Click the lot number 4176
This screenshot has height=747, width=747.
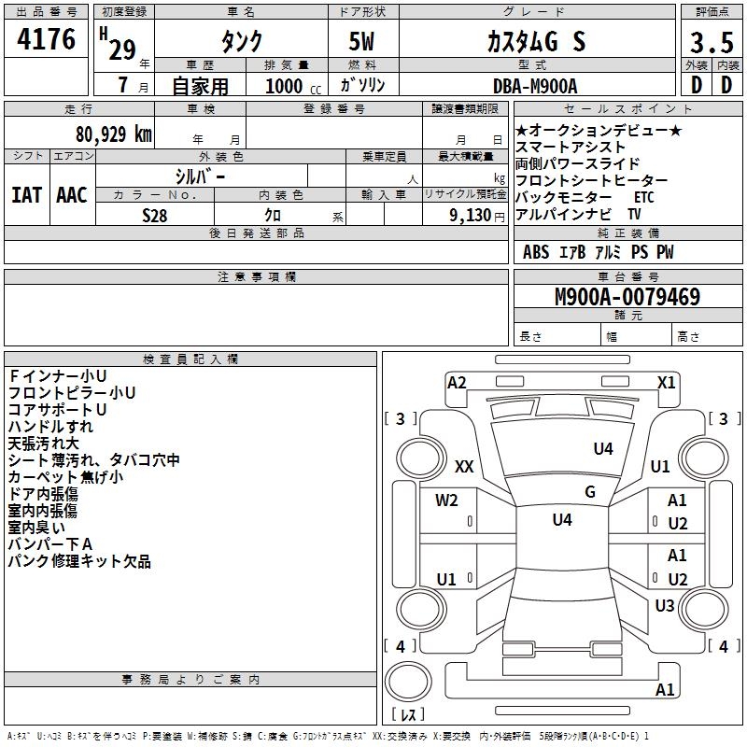point(47,40)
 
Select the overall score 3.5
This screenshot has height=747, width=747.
point(711,43)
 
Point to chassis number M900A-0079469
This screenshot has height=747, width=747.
point(627,297)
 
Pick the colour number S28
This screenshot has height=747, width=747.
point(155,215)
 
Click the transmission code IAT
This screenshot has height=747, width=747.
point(27,195)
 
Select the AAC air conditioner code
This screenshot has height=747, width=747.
point(72,195)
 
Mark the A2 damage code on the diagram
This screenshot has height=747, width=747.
point(457,383)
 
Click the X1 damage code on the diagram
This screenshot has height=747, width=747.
point(666,383)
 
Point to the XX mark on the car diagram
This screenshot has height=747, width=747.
point(464,466)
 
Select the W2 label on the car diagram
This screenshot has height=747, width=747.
point(446,500)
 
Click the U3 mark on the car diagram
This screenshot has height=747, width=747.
point(664,606)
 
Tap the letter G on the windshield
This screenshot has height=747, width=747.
point(590,492)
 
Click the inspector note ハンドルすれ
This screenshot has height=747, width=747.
point(50,427)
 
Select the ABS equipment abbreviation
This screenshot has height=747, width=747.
point(536,252)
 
